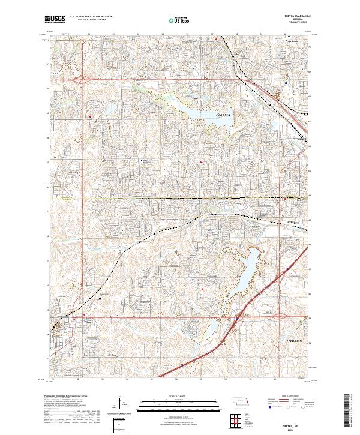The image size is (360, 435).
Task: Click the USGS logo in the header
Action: click(55, 20)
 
